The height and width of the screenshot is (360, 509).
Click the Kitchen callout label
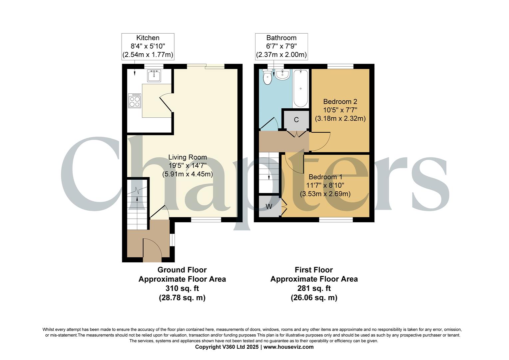(148, 46)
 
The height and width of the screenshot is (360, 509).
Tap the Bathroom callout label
(281, 46)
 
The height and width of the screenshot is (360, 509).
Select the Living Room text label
(187, 166)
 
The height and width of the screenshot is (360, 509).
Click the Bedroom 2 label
(340, 110)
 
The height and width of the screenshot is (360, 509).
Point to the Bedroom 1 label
(325, 185)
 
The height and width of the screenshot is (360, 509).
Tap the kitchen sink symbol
(154, 76)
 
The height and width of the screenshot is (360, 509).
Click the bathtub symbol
(300, 88)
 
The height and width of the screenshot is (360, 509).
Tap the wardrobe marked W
(269, 206)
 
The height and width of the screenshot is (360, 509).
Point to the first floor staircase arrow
(269, 167)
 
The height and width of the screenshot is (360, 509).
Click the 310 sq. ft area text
(182, 288)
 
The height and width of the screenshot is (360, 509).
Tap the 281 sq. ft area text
(314, 288)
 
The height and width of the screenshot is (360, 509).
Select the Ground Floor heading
(182, 270)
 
